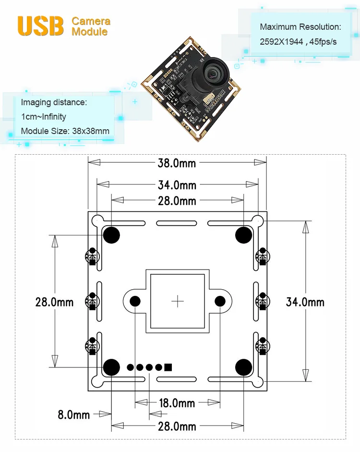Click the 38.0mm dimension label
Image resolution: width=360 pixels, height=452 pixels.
tap(177, 163)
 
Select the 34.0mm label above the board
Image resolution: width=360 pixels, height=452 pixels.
tap(177, 184)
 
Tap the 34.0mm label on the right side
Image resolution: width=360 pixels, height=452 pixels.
tap(305, 302)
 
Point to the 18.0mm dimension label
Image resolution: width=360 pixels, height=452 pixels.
tap(177, 403)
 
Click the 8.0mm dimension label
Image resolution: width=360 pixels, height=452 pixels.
tap(74, 414)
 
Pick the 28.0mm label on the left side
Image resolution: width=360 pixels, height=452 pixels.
tap(54, 302)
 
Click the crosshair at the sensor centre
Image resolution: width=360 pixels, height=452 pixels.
tap(178, 301)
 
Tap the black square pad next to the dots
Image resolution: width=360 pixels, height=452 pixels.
tap(168, 367)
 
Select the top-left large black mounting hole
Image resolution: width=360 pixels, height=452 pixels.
tap(111, 234)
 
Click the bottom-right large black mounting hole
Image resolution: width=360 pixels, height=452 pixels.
tap(244, 367)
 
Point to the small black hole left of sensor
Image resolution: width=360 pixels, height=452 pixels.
tap(135, 301)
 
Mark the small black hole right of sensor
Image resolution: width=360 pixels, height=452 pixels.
tap(220, 301)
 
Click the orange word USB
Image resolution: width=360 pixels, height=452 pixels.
tap(41, 26)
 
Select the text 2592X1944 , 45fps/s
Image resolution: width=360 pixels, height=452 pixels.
tap(298, 42)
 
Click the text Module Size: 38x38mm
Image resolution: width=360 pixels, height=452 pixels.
tap(65, 131)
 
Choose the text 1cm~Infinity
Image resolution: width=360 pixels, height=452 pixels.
tap(44, 117)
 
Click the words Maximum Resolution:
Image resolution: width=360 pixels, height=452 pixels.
tap(300, 27)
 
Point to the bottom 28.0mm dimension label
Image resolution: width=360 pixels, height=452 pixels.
tap(177, 426)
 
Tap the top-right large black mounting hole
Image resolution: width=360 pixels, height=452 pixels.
tap(244, 234)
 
